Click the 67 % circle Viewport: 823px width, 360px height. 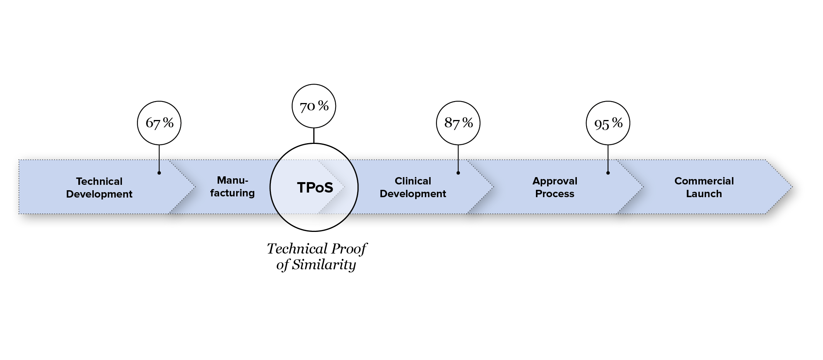159,123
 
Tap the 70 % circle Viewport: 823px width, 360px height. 314,106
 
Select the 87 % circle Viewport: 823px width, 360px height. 458,123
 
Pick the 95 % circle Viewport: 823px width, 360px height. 608,123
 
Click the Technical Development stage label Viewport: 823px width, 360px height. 99,188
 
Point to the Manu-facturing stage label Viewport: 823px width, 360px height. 232,186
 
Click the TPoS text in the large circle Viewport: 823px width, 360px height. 315,188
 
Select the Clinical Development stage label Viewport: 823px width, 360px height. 413,187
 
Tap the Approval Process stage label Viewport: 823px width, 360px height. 554,187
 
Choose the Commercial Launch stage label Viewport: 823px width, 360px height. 704,187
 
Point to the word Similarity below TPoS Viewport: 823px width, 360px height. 323,265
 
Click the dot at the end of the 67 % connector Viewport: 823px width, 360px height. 159,173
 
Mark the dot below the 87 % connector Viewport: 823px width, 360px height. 458,173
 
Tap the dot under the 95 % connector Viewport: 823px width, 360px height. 608,173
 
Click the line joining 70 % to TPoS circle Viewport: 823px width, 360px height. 314,135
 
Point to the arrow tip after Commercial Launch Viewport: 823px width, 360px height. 791,187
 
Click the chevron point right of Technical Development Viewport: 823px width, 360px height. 195,187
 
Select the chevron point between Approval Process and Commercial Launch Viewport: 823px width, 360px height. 642,187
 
